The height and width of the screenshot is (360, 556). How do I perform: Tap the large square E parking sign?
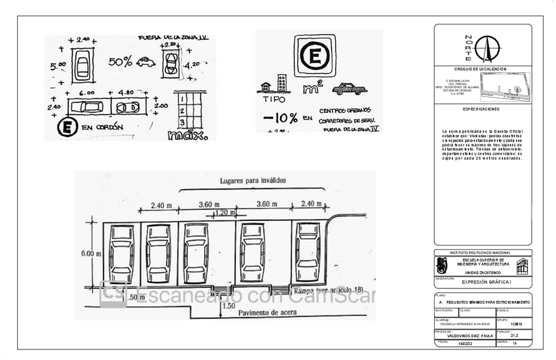[314, 56]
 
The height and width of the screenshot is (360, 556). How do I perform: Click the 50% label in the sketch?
[120, 62]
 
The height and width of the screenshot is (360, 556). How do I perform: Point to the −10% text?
[280, 118]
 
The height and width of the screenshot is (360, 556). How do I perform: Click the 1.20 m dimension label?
[224, 212]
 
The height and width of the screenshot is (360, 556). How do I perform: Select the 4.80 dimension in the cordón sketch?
[126, 93]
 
